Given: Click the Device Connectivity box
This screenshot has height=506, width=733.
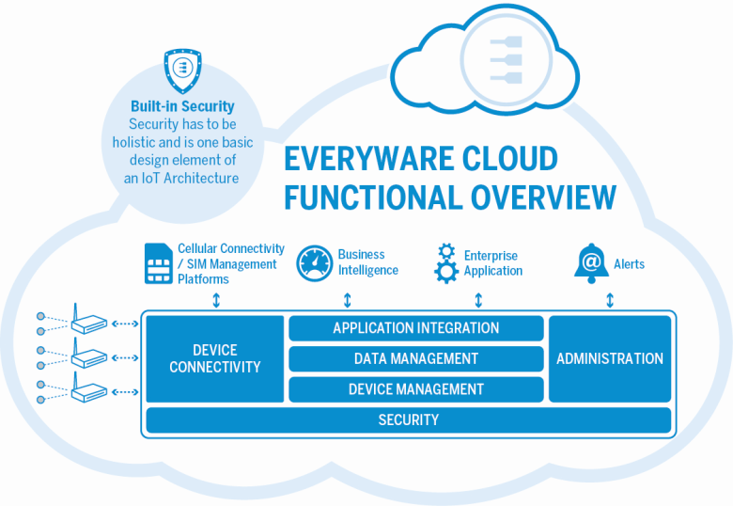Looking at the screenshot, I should [x=214, y=358].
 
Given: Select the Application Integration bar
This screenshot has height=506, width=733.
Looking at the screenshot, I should [x=415, y=328].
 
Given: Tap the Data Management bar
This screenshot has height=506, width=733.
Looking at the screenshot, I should [x=415, y=358].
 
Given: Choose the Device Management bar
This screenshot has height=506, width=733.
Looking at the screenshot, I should [x=415, y=388].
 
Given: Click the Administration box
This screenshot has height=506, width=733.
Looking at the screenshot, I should [x=609, y=358].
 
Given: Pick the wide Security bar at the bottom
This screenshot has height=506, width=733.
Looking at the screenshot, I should [x=408, y=419].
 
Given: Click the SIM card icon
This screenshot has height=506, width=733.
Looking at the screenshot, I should [x=158, y=263].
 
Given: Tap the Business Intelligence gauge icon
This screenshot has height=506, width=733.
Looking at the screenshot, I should [x=315, y=263].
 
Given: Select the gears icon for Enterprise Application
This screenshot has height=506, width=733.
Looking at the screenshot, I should [x=446, y=262].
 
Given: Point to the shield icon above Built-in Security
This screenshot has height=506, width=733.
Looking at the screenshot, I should [x=181, y=69].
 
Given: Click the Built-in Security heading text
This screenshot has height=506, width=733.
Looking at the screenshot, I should [x=183, y=106].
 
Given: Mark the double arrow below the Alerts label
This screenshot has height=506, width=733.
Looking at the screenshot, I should [x=610, y=300].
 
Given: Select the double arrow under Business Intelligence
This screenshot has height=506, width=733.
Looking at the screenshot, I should [x=348, y=300].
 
